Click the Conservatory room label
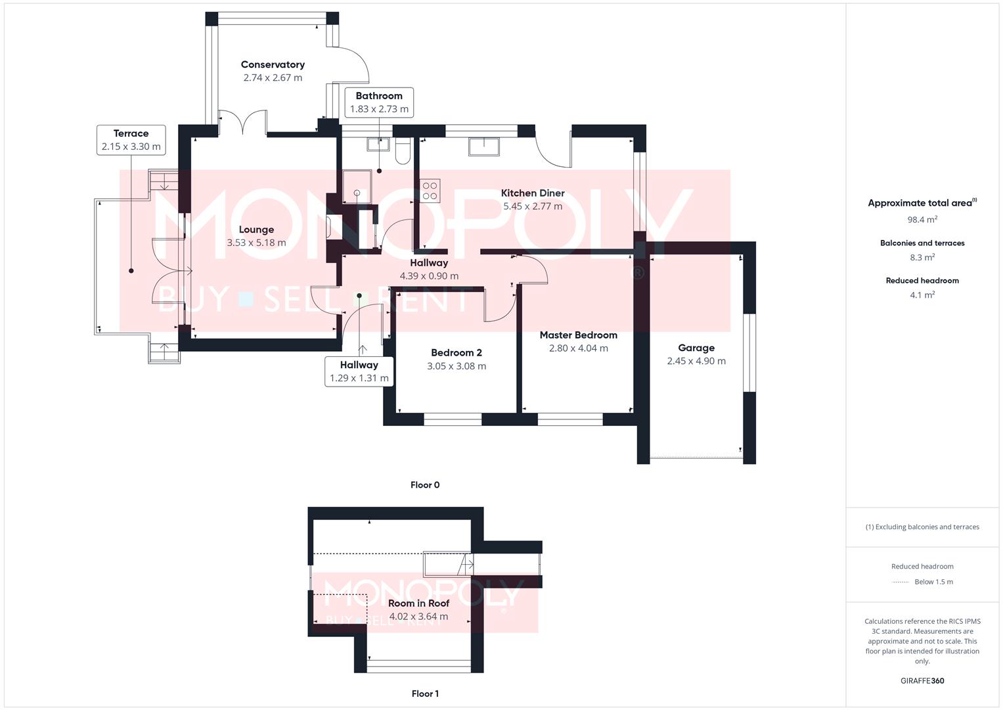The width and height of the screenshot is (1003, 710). tap(273, 64)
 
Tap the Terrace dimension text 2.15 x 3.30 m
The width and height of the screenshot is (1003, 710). tap(131, 147)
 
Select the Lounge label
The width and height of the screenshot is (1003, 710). tap(256, 229)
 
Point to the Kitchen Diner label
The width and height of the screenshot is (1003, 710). tap(533, 193)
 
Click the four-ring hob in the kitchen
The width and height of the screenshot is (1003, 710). tap(430, 191)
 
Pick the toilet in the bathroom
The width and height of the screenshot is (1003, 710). tap(403, 150)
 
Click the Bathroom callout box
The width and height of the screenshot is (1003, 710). tap(379, 102)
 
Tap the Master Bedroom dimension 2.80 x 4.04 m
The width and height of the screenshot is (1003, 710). tap(579, 348)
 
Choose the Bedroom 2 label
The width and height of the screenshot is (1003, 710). tap(457, 353)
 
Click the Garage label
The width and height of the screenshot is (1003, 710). tap(696, 348)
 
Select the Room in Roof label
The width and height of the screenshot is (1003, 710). tap(418, 603)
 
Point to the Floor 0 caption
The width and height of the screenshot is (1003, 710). tap(425, 485)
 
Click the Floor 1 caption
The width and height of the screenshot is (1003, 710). tap(425, 694)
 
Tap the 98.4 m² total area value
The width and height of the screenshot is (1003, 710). tap(922, 219)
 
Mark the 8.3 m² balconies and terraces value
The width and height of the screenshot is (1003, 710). tap(922, 257)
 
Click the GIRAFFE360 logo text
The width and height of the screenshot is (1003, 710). tap(922, 681)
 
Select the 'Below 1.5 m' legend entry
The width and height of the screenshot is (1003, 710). tap(933, 582)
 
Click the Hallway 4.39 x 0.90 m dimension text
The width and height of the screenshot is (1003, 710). tap(429, 276)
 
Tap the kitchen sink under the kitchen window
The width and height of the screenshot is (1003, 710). tap(483, 147)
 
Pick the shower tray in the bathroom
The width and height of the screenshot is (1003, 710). tap(357, 187)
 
